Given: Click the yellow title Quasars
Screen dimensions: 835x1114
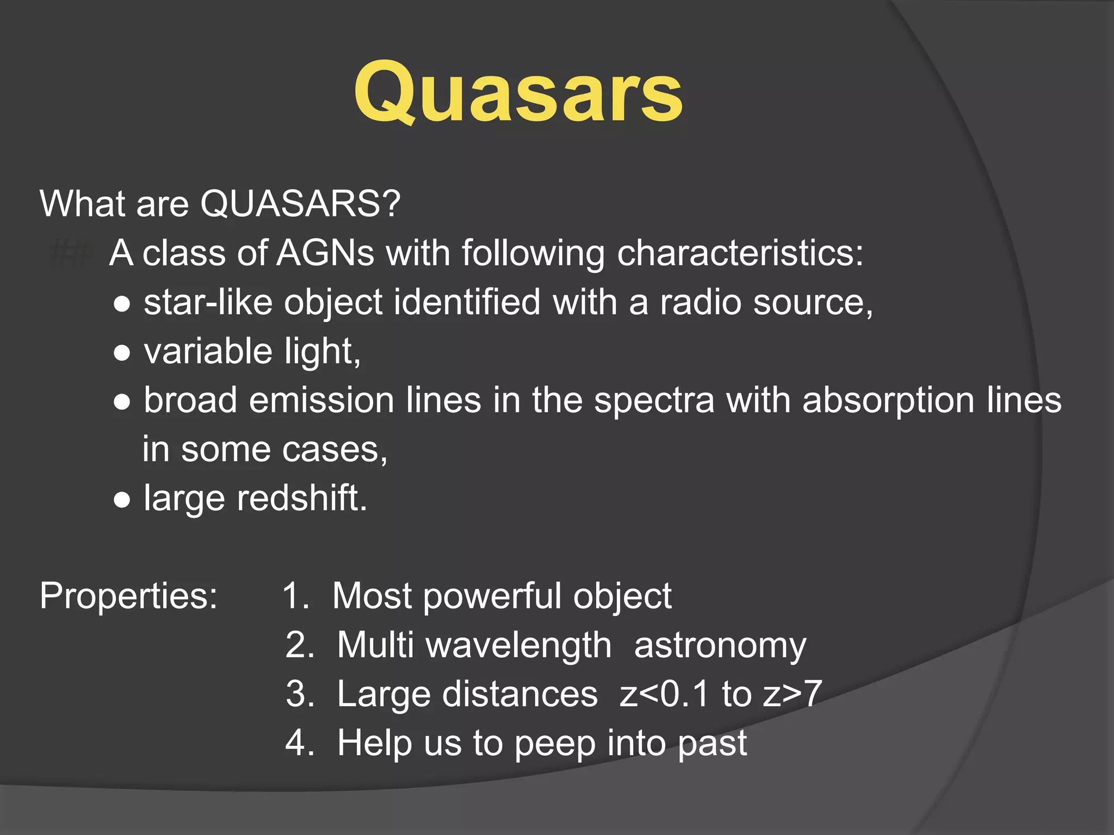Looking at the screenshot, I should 518,92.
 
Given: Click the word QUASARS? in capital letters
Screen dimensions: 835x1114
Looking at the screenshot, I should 300,204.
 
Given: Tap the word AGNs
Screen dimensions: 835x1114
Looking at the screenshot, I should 325,253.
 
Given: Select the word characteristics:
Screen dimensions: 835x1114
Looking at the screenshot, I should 740,253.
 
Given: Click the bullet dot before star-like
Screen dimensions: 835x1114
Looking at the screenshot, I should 122,304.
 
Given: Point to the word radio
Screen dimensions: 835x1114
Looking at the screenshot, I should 701,302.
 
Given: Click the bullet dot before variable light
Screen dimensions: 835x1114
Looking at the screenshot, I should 122,353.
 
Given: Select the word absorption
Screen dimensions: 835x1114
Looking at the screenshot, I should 888,401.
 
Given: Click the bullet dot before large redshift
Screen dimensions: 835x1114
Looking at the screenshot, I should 122,500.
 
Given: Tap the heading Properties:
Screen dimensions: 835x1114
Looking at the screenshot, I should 129,596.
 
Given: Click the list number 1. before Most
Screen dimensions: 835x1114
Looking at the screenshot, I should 296,596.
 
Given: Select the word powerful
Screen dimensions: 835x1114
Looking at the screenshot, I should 492,596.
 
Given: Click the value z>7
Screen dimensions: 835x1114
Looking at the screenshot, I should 792,694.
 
